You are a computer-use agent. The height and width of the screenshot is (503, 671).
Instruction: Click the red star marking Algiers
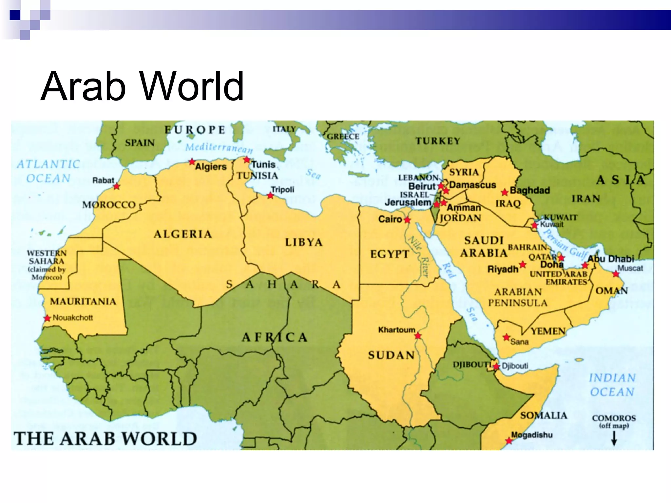tap(192, 162)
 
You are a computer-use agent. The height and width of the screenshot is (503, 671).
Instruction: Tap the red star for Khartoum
tap(418, 336)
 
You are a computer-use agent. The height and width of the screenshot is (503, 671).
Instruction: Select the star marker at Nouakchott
tap(48, 318)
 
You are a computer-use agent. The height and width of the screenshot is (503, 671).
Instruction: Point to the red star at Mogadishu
tap(509, 441)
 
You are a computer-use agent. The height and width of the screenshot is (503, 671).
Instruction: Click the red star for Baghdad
tap(505, 192)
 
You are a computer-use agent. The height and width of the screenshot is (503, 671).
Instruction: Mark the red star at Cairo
tap(407, 220)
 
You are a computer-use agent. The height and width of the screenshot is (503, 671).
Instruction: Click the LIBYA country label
tap(304, 242)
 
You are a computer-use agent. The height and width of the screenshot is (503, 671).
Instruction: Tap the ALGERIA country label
tap(183, 234)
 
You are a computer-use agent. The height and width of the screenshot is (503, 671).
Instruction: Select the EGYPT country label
tap(390, 254)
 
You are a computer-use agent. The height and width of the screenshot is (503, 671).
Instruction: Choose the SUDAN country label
tap(391, 355)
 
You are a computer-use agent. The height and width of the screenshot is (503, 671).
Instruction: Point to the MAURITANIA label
tap(83, 301)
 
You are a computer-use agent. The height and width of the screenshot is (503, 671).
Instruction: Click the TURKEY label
tap(438, 141)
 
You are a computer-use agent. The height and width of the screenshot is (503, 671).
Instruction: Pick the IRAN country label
tap(586, 198)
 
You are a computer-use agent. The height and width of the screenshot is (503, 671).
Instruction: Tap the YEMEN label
tap(548, 331)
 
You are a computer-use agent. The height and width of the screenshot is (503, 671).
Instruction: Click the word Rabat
tap(103, 180)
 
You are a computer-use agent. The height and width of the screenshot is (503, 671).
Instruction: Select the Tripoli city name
tap(282, 190)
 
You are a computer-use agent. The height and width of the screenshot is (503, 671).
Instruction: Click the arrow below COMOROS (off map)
tap(614, 438)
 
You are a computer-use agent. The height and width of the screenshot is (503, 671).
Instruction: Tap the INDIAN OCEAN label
tap(612, 385)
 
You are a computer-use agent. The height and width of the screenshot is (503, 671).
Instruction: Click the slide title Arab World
tap(142, 86)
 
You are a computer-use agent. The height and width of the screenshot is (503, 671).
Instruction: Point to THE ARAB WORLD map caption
tap(105, 439)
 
